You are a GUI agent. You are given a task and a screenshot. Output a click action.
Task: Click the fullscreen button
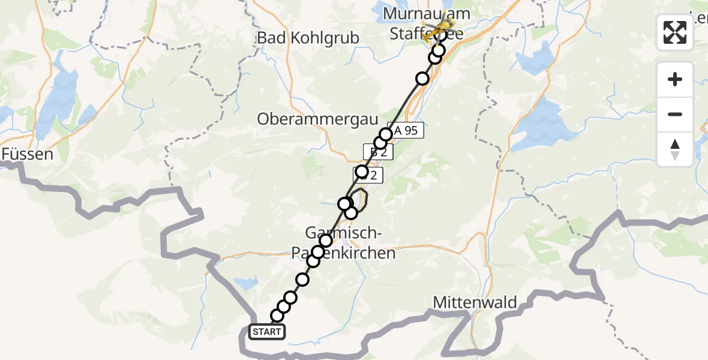(x=675, y=32)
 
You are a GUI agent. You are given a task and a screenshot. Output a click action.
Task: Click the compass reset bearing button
(x=675, y=149)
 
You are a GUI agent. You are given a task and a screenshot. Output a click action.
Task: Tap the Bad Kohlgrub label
(x=308, y=38)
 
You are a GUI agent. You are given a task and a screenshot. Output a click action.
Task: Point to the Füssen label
(x=27, y=154)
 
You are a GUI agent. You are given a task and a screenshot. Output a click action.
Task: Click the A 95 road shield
(x=406, y=130)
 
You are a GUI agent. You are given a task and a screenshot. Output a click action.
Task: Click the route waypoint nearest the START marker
(x=277, y=316)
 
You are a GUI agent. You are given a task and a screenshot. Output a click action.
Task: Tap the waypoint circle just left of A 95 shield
(x=386, y=134)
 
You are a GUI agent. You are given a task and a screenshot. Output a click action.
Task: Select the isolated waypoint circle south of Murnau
(x=423, y=79)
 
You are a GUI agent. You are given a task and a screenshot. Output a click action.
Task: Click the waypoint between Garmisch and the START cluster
(x=303, y=280)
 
